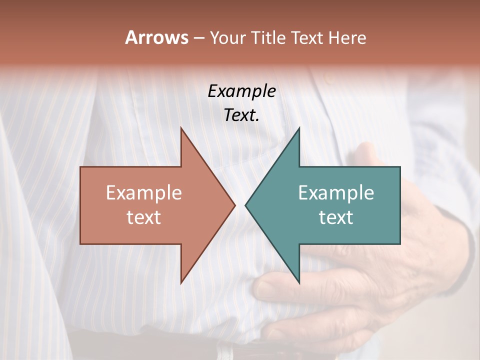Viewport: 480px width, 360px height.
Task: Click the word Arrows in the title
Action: click(156, 38)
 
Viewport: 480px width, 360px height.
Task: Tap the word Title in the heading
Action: click(268, 38)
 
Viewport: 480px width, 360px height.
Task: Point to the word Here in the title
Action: click(348, 38)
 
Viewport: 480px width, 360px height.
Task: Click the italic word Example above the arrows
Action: click(241, 91)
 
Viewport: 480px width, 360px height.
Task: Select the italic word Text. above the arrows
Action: click(241, 115)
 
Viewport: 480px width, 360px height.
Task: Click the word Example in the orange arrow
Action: click(144, 193)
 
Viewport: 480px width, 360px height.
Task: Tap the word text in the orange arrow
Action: click(144, 217)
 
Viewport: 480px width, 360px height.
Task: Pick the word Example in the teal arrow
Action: click(336, 193)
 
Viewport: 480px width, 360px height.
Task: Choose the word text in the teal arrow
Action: click(336, 217)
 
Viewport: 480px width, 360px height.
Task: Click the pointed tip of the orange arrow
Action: click(234, 205)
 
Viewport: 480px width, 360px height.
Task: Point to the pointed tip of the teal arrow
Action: click(245, 205)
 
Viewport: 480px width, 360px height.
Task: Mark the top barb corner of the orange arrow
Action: click(181, 127)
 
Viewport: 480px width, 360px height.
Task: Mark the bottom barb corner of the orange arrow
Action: click(181, 283)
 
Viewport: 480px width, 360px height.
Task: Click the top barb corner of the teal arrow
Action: click(299, 127)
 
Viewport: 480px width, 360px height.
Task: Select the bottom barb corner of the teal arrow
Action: click(299, 283)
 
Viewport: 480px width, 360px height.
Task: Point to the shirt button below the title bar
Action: click(328, 78)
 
